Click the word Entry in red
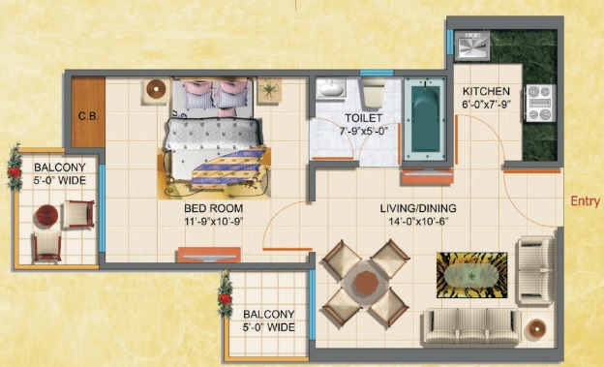585,201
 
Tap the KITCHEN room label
486,91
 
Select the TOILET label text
363,118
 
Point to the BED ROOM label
213,208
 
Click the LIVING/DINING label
418,208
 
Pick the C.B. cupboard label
88,116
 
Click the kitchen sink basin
472,46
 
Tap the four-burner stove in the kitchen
541,103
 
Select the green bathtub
425,118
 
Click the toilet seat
374,93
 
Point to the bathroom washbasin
331,88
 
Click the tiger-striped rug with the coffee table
472,275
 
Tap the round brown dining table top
366,283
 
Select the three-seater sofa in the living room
472,326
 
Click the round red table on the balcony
47,216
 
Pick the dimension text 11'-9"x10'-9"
213,221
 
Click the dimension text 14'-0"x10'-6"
419,221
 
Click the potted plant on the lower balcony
225,295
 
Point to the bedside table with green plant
269,90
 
